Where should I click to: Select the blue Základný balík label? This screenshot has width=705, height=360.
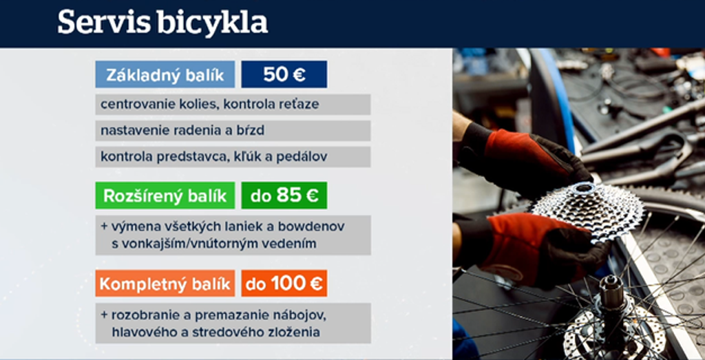(165, 74)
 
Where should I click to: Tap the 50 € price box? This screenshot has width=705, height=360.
(284, 74)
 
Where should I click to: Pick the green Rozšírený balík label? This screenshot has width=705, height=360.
(165, 195)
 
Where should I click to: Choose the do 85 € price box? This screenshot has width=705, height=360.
(284, 195)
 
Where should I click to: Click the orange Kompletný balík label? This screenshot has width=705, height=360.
(165, 283)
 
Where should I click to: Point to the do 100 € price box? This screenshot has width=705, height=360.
(284, 283)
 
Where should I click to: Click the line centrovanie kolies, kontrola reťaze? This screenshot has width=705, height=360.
(210, 105)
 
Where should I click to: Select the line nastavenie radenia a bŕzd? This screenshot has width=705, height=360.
(182, 131)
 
